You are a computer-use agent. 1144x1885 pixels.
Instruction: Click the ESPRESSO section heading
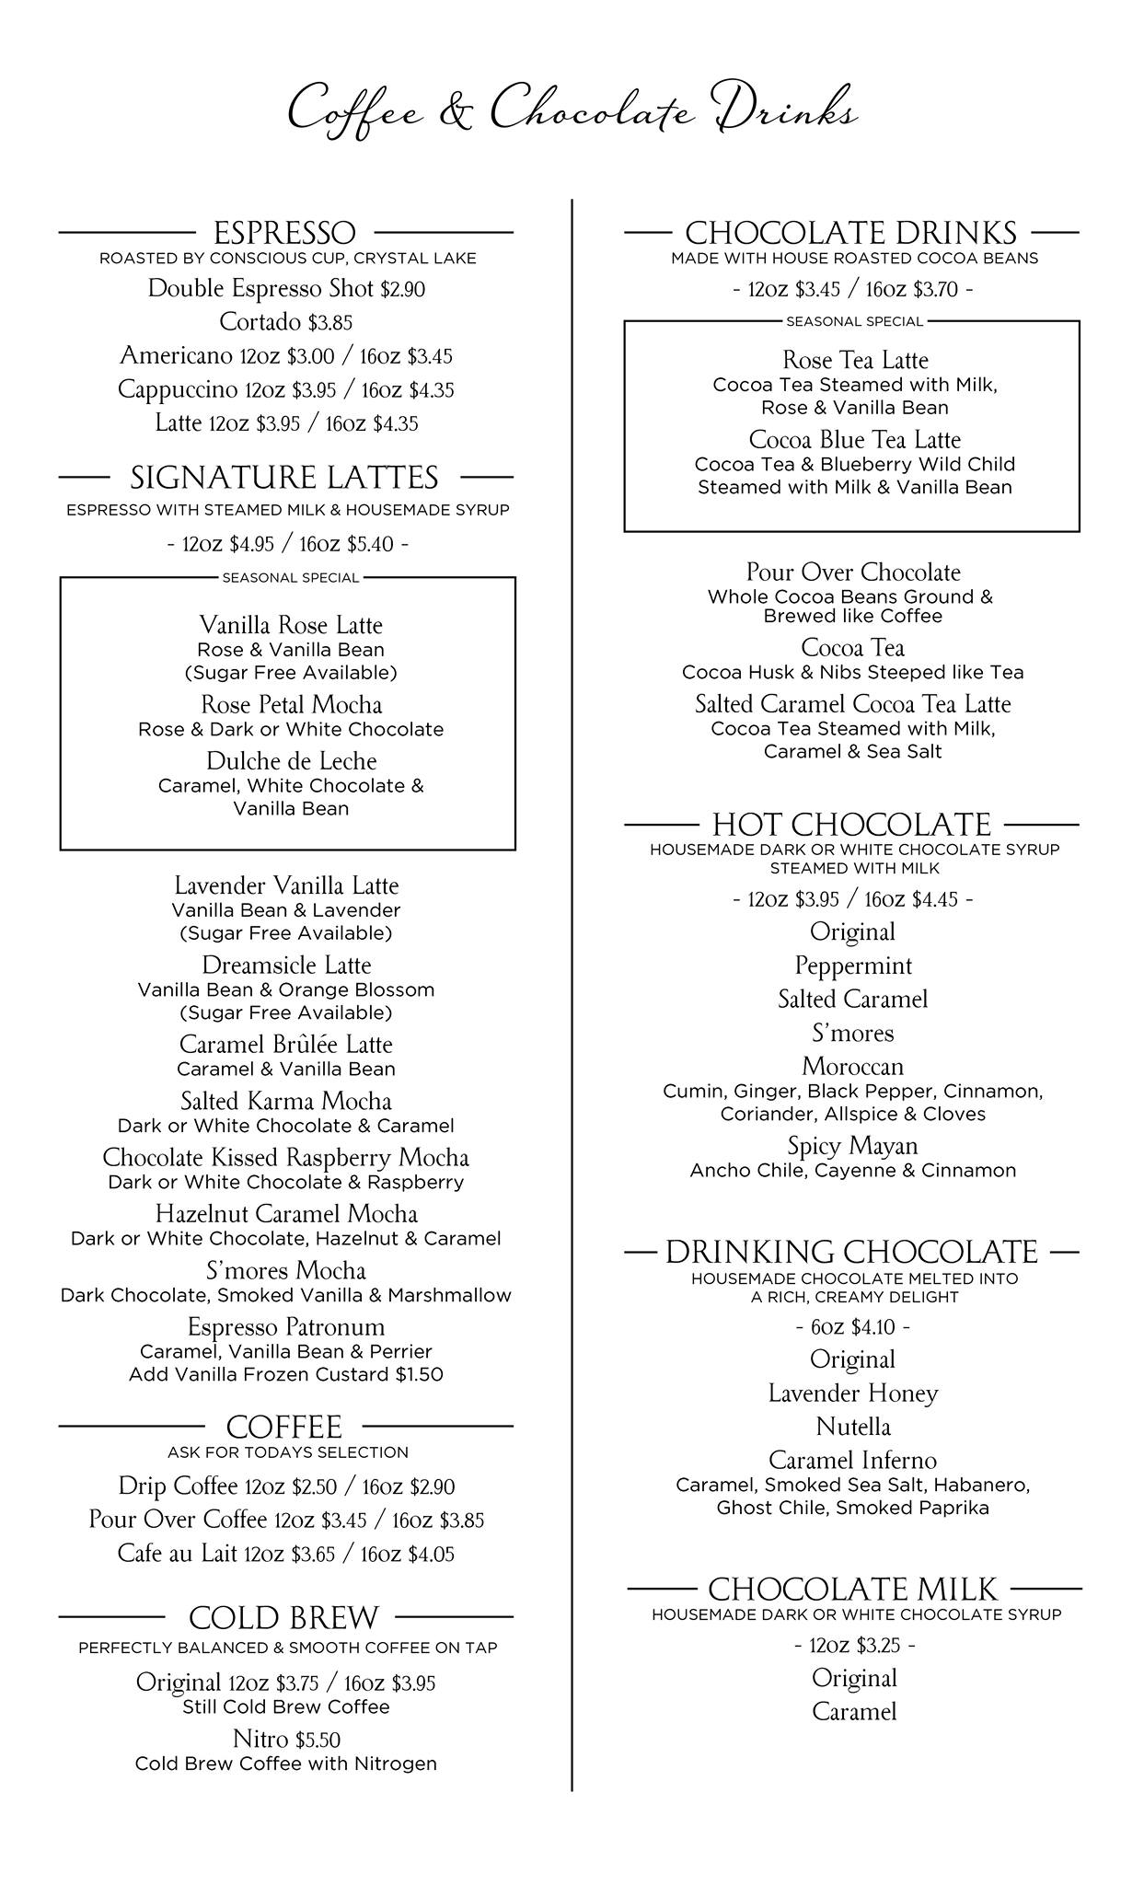tap(284, 233)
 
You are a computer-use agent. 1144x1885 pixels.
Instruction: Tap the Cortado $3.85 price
tap(330, 323)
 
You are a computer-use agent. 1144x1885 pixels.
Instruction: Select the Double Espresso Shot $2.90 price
tap(402, 290)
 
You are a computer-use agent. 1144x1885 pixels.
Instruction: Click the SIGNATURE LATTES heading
tap(284, 478)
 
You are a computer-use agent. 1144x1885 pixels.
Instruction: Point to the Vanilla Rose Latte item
tap(291, 626)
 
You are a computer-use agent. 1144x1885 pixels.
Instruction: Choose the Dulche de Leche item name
tap(291, 761)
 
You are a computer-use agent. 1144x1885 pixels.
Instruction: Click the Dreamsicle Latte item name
tap(286, 966)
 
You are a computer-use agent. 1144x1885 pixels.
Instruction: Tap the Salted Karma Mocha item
tap(286, 1102)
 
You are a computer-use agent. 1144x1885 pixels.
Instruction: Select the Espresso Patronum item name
tap(286, 1327)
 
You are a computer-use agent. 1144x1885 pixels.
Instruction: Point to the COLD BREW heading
tap(283, 1617)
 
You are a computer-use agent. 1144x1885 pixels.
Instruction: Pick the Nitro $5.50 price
tap(318, 1740)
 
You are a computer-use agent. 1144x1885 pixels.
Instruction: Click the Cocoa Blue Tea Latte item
tap(854, 440)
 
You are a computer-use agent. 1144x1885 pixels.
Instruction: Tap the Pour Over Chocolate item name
tap(853, 572)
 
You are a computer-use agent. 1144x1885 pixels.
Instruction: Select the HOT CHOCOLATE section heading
tap(851, 824)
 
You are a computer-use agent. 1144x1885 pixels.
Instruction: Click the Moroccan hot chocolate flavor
tap(852, 1067)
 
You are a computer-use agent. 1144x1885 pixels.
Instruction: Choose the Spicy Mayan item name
tap(852, 1146)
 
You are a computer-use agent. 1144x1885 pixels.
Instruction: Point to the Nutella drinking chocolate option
tap(853, 1428)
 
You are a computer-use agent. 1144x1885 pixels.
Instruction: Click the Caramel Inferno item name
tap(852, 1461)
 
